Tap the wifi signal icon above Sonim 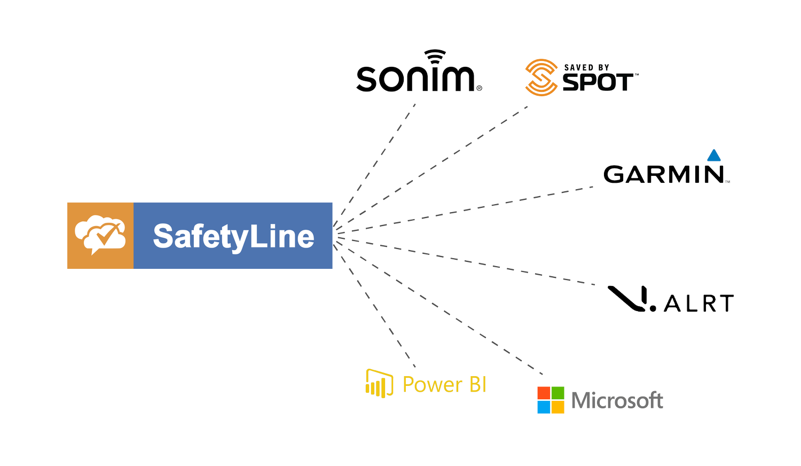[x=435, y=56]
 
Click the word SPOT [x=599, y=82]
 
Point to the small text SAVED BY [x=587, y=67]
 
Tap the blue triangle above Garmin [x=713, y=156]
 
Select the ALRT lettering [x=699, y=304]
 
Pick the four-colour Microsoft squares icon [x=551, y=400]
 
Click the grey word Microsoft [x=617, y=400]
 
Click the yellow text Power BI [x=444, y=385]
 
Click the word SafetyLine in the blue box [x=233, y=236]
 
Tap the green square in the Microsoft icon [x=557, y=393]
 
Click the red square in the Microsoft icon [x=544, y=393]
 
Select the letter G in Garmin [x=614, y=175]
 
